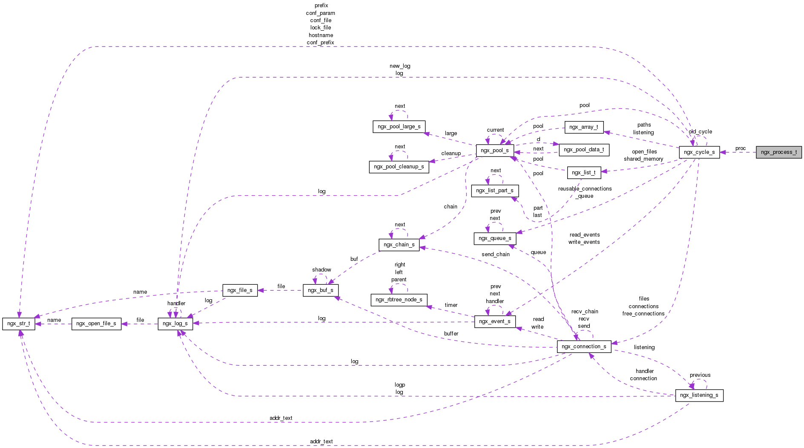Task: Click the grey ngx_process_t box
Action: tap(778, 152)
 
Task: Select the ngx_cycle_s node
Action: tap(699, 152)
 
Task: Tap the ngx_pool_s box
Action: tap(494, 150)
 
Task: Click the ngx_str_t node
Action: tap(18, 324)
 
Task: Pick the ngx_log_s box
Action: tap(175, 324)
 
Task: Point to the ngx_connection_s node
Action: tap(584, 347)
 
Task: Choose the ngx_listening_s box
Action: tap(699, 395)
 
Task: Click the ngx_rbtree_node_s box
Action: tap(399, 300)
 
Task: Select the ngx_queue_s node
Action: tap(495, 238)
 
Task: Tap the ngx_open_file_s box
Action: tap(96, 324)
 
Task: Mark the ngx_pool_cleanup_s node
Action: tap(399, 167)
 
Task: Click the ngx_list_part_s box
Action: tap(495, 191)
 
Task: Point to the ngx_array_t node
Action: tap(583, 127)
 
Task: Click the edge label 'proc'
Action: tap(741, 148)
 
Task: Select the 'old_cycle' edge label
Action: tap(701, 132)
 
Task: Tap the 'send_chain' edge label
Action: tap(495, 254)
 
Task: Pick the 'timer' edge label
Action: tap(451, 305)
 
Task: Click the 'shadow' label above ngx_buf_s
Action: tap(322, 270)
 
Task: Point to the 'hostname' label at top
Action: tap(321, 35)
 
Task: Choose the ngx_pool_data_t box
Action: tap(583, 150)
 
